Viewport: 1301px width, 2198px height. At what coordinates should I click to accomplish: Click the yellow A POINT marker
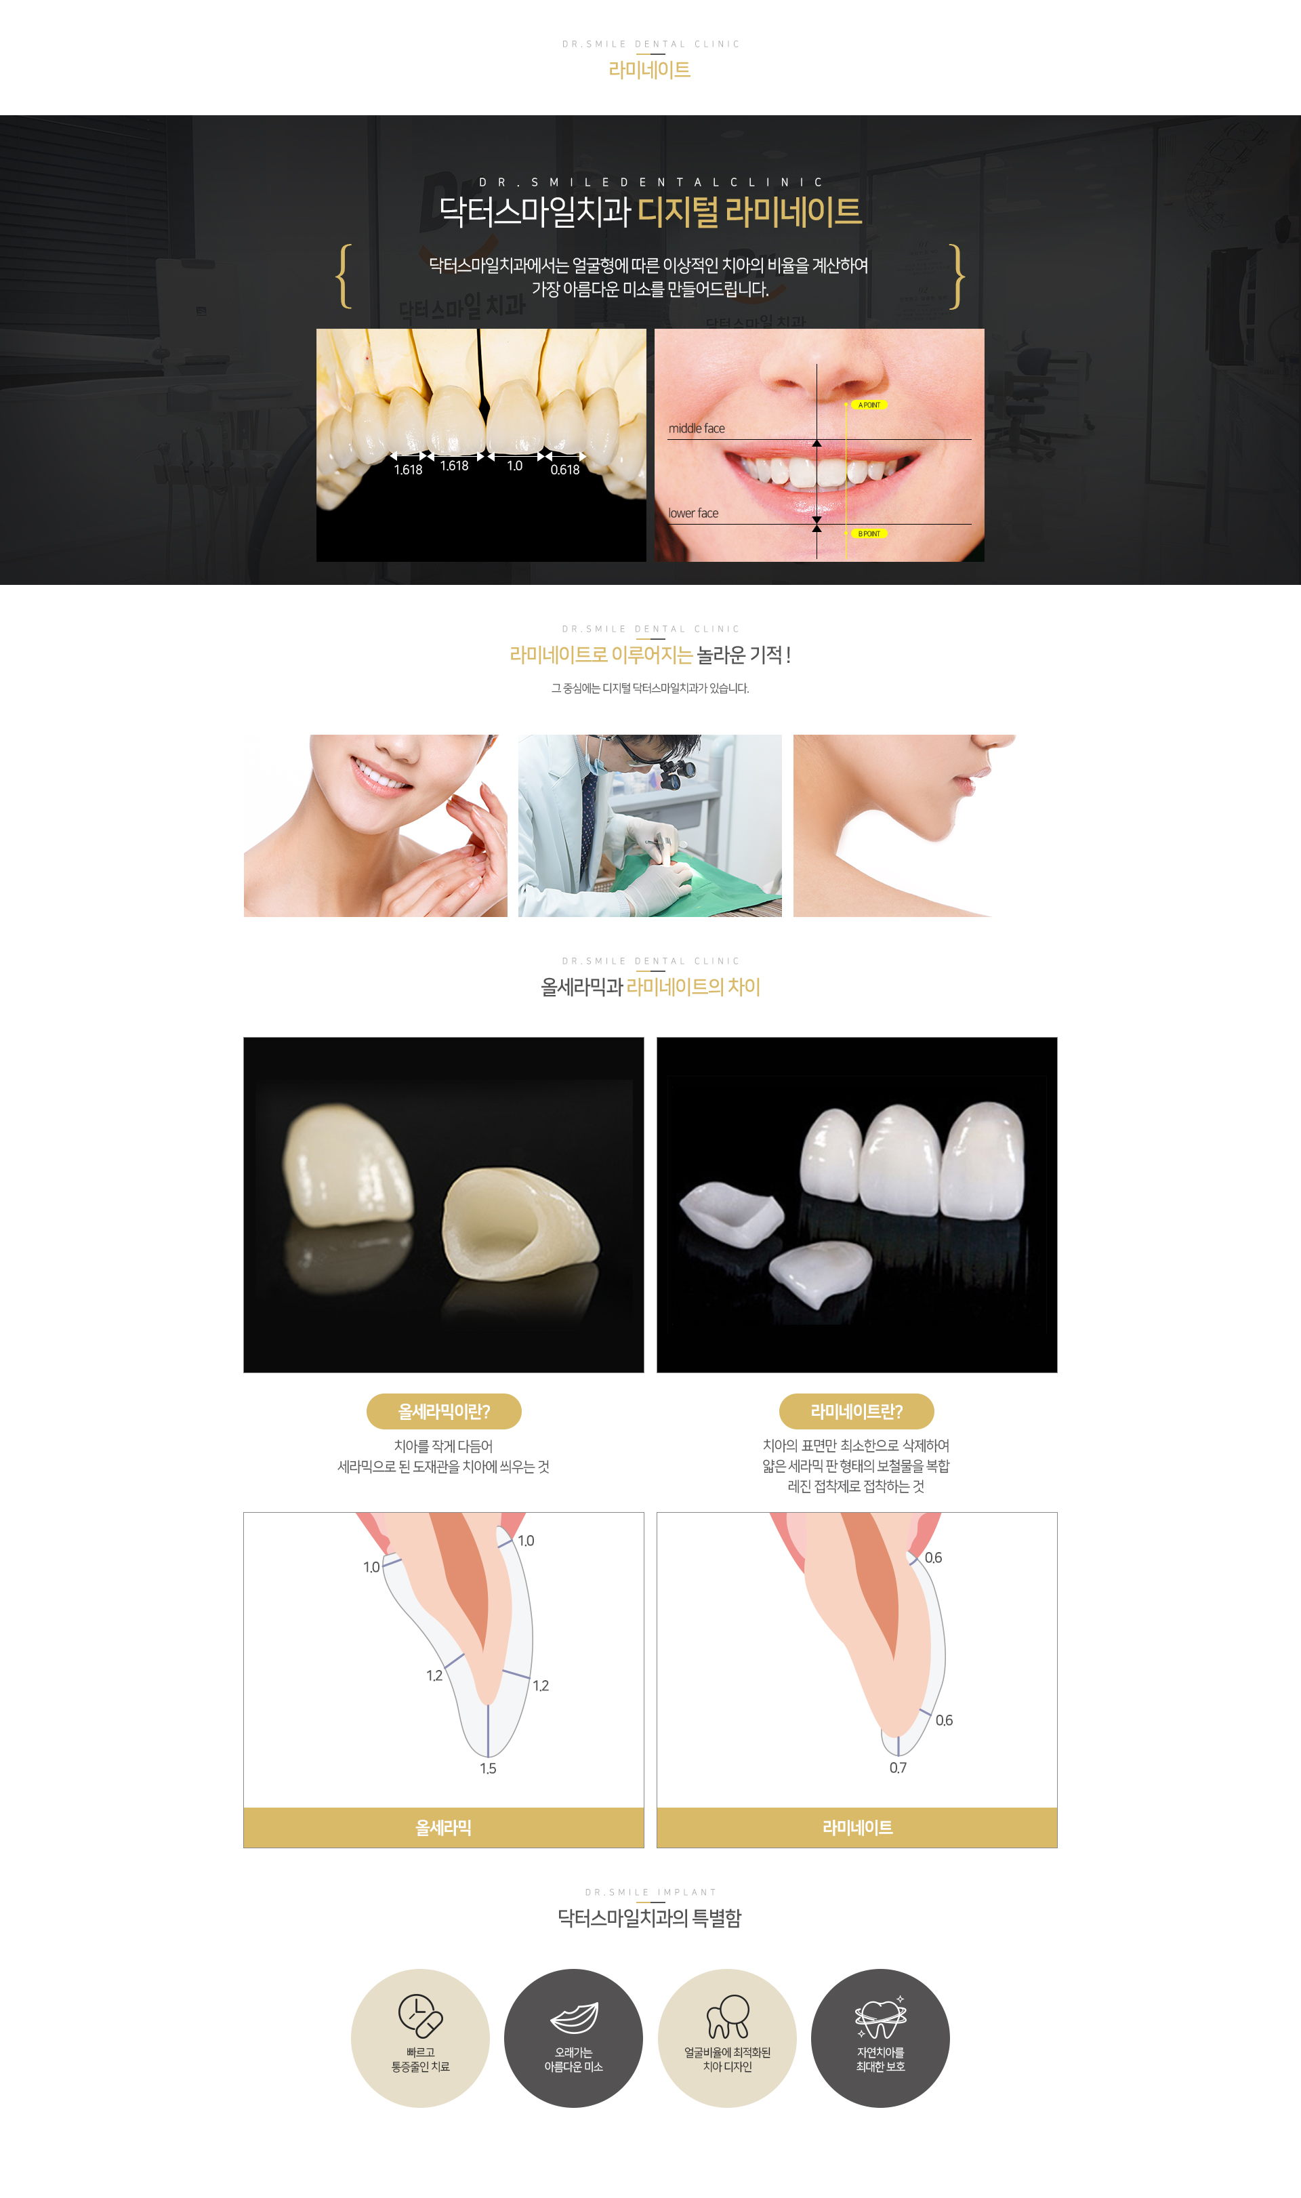pos(869,405)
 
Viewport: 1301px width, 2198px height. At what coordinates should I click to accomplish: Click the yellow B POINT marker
pos(869,533)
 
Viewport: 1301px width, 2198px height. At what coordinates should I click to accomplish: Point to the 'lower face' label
pos(693,513)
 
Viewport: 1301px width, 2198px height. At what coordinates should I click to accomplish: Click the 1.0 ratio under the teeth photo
pos(514,466)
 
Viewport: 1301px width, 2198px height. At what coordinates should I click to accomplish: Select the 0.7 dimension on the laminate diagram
pos(899,1768)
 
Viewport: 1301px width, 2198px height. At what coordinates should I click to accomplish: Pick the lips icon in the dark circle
pos(574,2018)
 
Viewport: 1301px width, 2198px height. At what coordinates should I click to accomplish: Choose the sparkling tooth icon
pos(881,2016)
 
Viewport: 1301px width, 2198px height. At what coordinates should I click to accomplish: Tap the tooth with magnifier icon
pos(728,2016)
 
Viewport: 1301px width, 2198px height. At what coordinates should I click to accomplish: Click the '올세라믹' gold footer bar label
pos(444,1828)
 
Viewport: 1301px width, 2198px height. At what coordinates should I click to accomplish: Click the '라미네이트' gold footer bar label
pos(857,1828)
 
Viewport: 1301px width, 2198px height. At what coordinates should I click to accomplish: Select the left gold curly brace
pos(344,276)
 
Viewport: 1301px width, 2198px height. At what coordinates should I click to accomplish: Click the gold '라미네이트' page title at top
pos(650,69)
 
